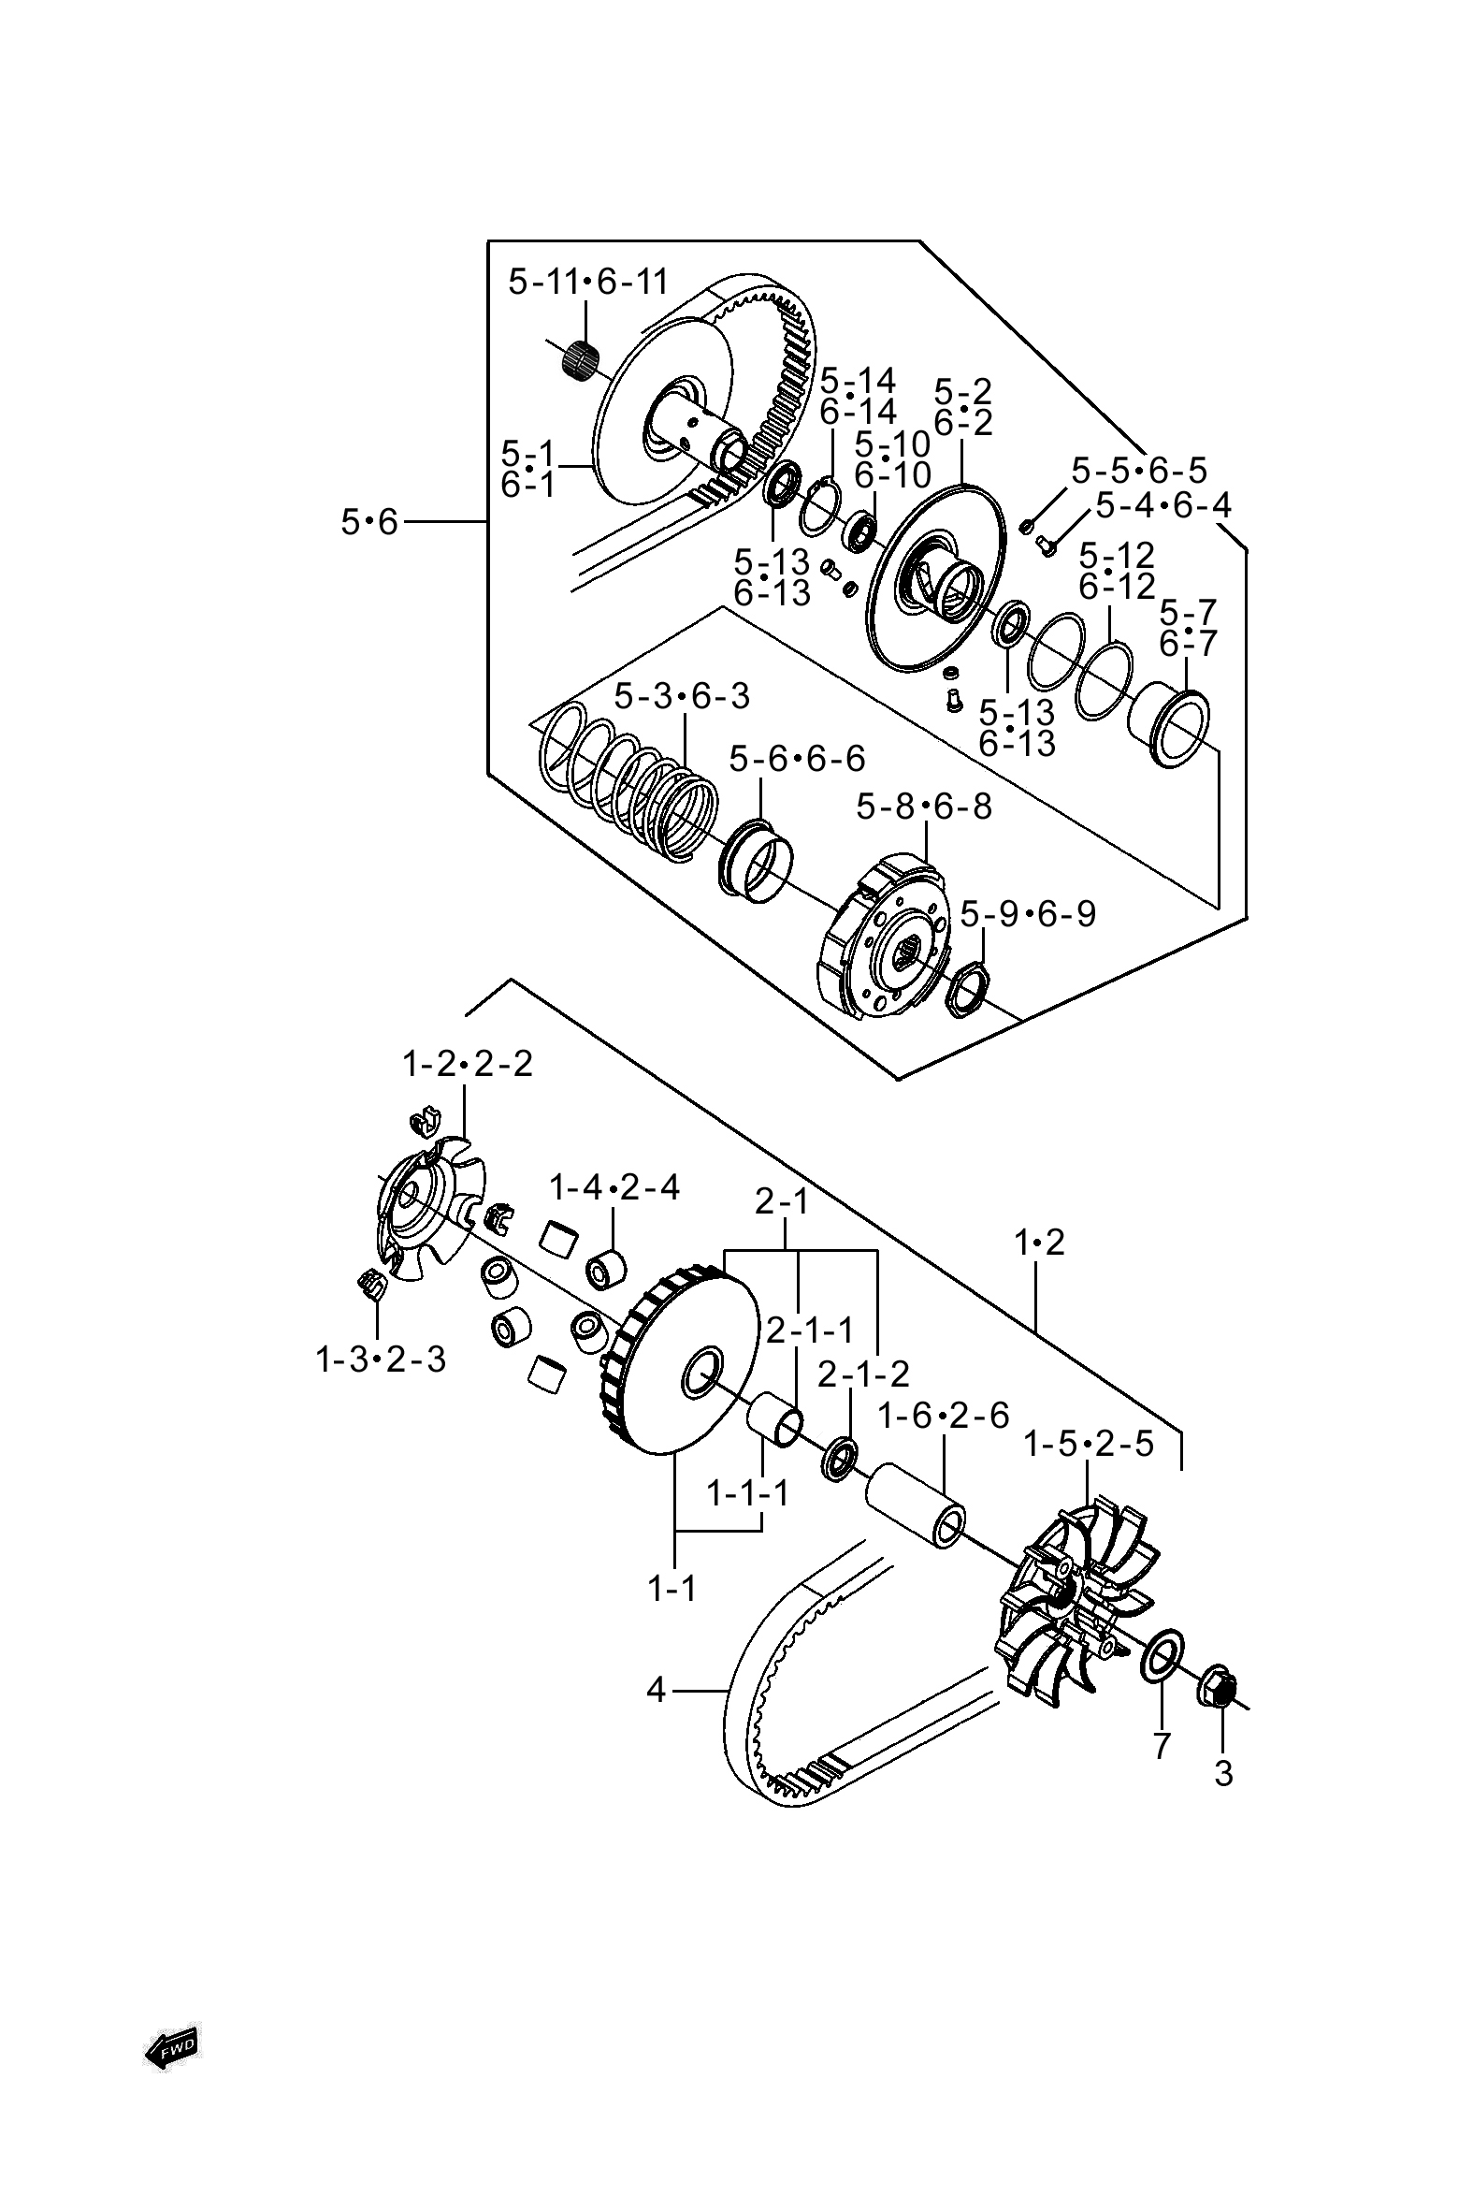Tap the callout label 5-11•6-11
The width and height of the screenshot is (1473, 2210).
(x=588, y=282)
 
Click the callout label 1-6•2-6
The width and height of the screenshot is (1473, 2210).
(x=943, y=1416)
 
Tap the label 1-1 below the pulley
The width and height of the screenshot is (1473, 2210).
(x=672, y=1589)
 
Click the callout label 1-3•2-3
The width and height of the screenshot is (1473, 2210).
(x=381, y=1359)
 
